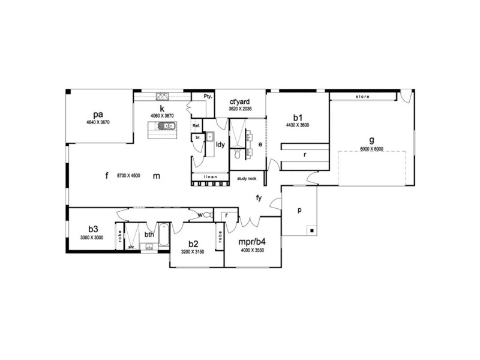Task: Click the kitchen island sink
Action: pos(166,126)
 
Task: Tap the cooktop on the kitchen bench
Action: pos(163,96)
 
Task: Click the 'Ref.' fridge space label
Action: pos(196,126)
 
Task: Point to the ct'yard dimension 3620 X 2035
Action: pos(240,110)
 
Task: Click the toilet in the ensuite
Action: pos(238,155)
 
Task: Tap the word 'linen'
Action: pos(210,177)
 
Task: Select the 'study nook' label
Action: pos(247,178)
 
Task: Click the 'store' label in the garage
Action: pos(362,97)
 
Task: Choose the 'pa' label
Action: pos(98,113)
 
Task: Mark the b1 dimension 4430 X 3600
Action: pos(298,125)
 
